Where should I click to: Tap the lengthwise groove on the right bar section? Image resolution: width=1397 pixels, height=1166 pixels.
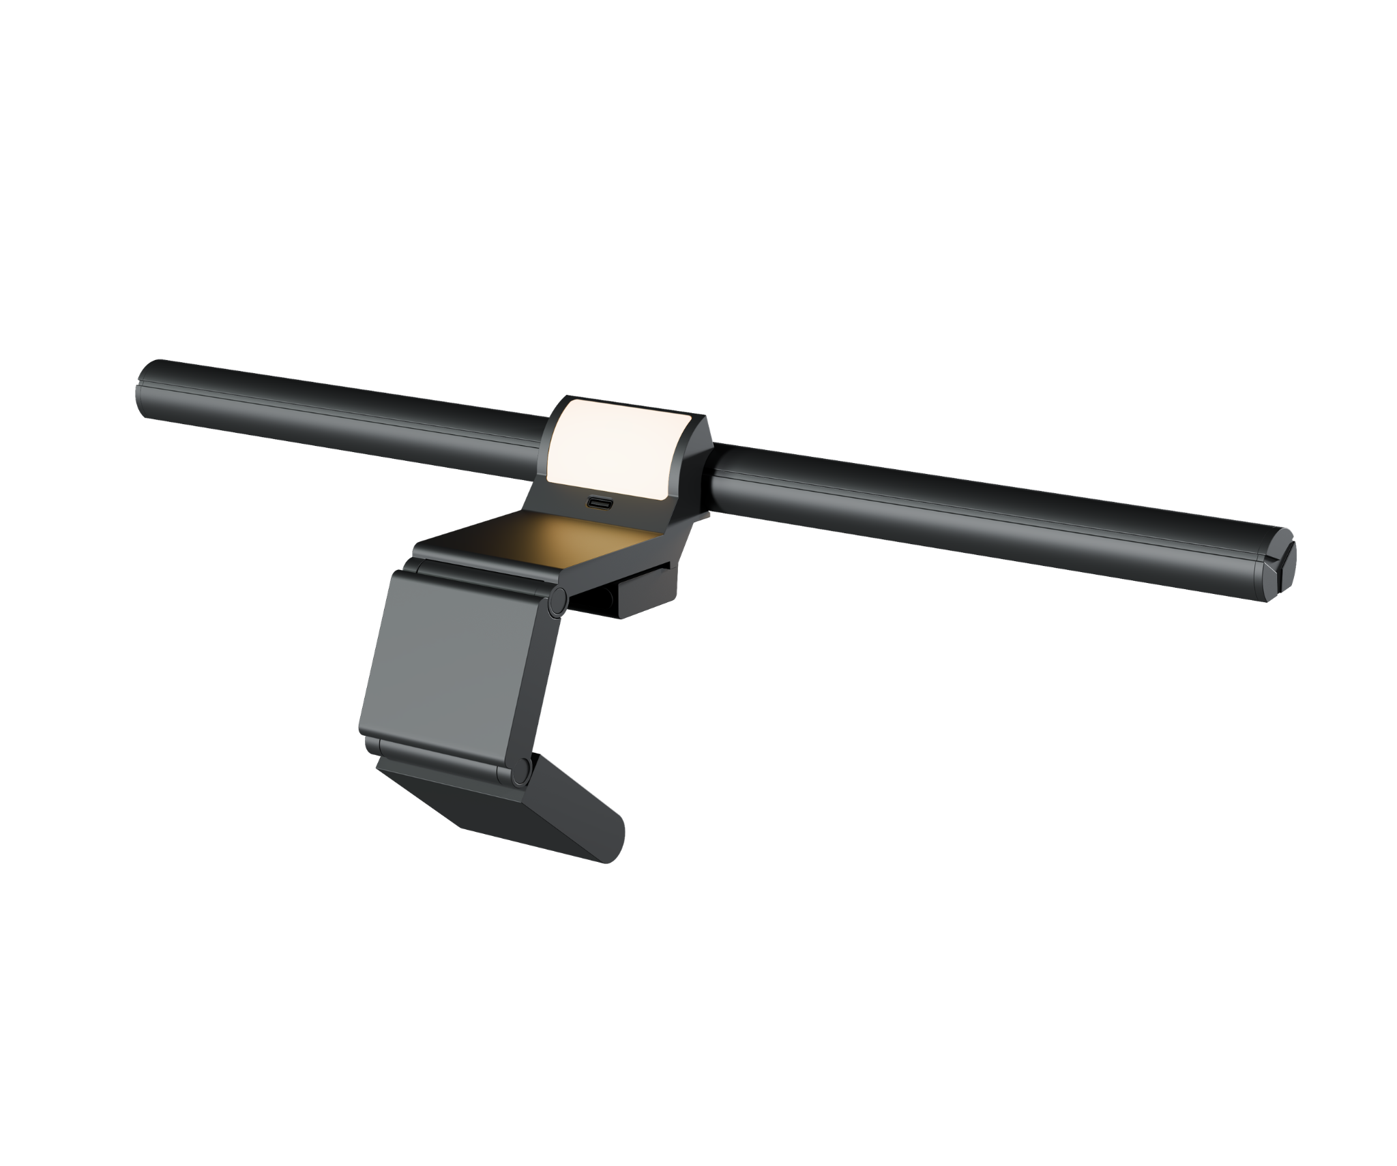989,501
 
